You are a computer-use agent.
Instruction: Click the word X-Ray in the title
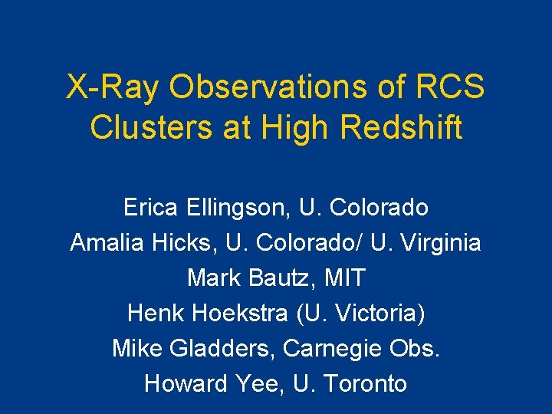click(x=113, y=87)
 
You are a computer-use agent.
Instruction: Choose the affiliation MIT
click(x=345, y=278)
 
